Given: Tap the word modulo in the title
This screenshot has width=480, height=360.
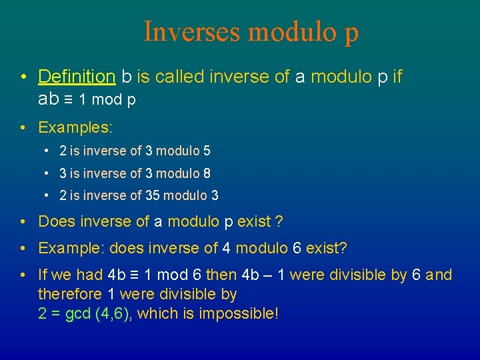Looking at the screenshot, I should (294, 31).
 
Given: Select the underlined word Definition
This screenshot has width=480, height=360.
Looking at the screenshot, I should (77, 77).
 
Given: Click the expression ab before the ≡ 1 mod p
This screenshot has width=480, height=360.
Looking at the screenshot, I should (49, 99).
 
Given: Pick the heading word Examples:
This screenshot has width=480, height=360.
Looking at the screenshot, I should (75, 127).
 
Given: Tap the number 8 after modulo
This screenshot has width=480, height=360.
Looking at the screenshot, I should (207, 173).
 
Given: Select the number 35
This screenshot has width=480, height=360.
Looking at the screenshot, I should (152, 195).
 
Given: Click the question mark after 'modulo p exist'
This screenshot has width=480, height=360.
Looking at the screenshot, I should (280, 221).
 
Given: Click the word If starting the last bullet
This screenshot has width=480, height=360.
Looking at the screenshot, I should (43, 275).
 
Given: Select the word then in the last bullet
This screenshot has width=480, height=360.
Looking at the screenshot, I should (221, 275).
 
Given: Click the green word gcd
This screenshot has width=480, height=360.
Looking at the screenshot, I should (79, 313).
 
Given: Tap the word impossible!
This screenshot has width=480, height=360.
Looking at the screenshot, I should (239, 313).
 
